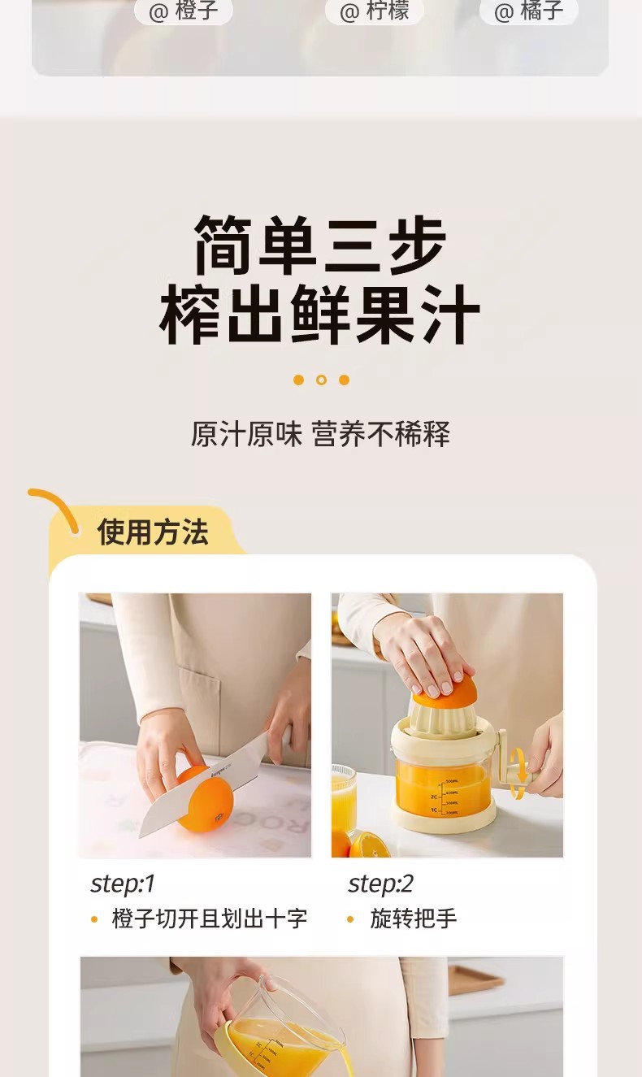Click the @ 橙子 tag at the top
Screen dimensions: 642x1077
pos(183,11)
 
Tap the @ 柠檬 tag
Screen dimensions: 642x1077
pos(375,11)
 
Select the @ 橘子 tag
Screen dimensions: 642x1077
pos(528,11)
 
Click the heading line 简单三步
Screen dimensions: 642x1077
pos(320,245)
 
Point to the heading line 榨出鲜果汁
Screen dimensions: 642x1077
pos(320,314)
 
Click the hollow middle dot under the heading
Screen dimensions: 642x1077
pos(322,380)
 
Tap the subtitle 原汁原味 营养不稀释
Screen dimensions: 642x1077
pos(320,434)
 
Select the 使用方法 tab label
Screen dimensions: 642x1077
pos(153,532)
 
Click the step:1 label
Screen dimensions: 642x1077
pos(123,884)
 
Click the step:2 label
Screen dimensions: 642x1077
pos(380,884)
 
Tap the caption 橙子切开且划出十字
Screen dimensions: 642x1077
pos(210,918)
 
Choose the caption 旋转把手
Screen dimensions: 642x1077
pos(414,918)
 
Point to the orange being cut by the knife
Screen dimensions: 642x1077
pos(206,799)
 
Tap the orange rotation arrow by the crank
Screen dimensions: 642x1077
pos(518,772)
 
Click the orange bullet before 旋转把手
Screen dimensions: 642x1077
pos(350,919)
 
